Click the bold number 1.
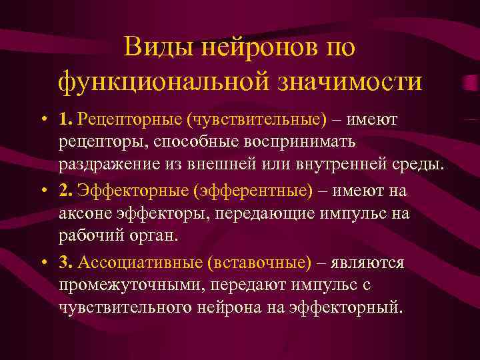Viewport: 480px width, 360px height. point(65,119)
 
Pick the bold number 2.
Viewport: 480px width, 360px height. point(65,191)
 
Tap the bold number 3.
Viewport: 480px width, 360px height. point(65,262)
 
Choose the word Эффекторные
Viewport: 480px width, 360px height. point(133,191)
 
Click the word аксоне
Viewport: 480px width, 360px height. point(83,213)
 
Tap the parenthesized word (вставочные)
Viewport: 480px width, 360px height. point(261,262)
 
